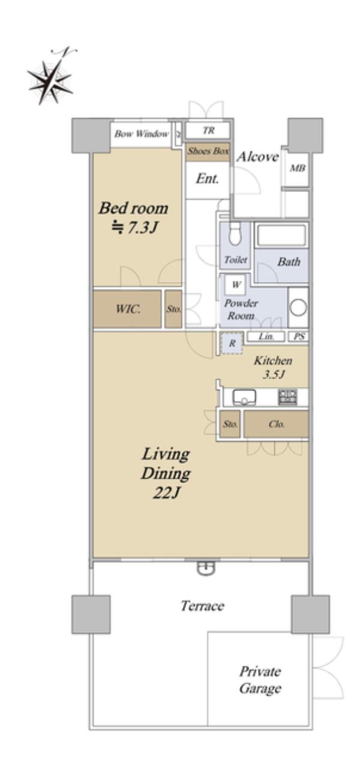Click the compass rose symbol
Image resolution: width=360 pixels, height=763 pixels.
point(50,81)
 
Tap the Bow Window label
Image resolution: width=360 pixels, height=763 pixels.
point(142,134)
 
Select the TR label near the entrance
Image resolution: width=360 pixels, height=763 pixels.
point(208,130)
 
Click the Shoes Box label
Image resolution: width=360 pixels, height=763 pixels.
point(208,151)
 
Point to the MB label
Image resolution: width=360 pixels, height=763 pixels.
point(298,168)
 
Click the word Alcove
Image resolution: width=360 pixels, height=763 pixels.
point(258,157)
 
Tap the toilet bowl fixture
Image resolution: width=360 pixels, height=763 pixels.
point(235,235)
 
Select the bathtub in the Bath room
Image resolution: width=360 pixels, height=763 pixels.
point(281,235)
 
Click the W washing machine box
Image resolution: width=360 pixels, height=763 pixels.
point(236,284)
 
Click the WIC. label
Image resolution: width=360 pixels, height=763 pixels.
point(128,309)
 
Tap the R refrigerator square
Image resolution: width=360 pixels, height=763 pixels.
point(232,343)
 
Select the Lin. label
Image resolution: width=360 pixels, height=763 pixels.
point(266,337)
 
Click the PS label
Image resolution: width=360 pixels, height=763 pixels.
point(299,337)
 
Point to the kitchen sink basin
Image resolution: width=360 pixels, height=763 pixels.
point(245,397)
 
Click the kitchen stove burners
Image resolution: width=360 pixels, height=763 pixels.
point(288,397)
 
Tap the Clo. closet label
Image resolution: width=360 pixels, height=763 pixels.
point(276,424)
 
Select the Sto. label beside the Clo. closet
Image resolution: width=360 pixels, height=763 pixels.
point(230,424)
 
